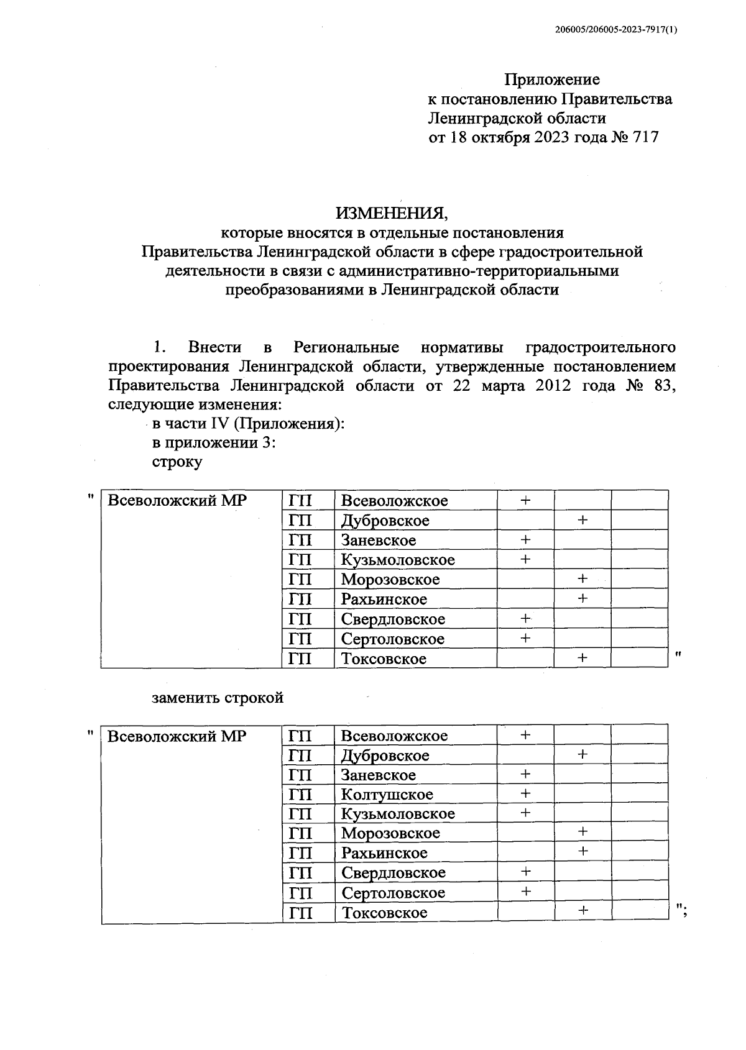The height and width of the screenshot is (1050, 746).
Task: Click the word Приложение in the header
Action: pos(551,80)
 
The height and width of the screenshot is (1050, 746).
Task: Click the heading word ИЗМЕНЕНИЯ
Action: pos(391,213)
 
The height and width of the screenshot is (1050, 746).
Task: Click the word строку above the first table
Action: pos(177,462)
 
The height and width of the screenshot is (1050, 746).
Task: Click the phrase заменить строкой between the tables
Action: pos(218,698)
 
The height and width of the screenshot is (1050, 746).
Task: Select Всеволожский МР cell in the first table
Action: pos(177,501)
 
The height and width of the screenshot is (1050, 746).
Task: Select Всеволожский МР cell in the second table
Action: pos(177,736)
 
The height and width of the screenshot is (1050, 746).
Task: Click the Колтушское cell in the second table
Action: pos(387,795)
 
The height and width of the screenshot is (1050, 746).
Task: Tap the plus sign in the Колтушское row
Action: pos(525,793)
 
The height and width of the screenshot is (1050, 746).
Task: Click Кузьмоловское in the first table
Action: pos(398,560)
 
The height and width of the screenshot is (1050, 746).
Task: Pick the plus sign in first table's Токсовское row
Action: pos(583,657)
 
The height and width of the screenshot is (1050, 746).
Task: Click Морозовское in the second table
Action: pos(390,833)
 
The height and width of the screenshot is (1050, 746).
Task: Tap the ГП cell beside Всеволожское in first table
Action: pos(300,501)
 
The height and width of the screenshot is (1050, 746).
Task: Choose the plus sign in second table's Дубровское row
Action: pos(583,754)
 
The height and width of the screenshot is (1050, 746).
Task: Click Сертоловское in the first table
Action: pos(393,639)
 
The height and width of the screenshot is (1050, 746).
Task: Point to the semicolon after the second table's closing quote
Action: pos(684,912)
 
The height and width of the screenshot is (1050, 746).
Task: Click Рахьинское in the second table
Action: pos(384,853)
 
